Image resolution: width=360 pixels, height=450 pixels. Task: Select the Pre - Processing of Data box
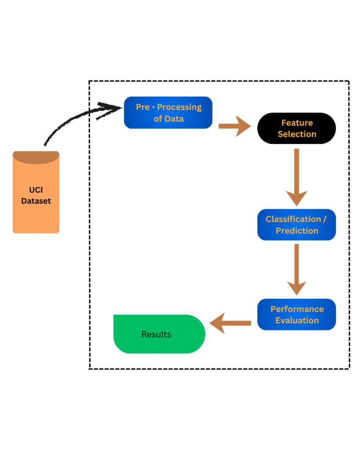click(x=168, y=112)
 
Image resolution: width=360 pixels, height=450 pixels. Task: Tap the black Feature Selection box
click(x=297, y=128)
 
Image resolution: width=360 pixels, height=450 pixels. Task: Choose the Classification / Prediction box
click(x=297, y=225)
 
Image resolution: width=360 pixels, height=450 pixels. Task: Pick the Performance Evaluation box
click(x=297, y=315)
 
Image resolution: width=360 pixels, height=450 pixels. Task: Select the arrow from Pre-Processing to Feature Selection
click(x=234, y=126)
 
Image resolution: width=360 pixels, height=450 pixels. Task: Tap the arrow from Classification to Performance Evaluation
click(x=297, y=269)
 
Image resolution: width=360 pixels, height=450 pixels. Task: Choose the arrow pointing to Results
click(x=230, y=323)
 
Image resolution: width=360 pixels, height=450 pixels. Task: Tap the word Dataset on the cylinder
click(x=36, y=201)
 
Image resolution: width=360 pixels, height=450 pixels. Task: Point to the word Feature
click(x=297, y=123)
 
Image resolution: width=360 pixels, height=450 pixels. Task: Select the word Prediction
click(x=297, y=231)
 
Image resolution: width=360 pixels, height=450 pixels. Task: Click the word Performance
click(x=297, y=309)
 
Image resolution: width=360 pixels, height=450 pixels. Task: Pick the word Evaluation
click(x=297, y=320)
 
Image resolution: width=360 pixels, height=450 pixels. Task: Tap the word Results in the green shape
click(x=156, y=334)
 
